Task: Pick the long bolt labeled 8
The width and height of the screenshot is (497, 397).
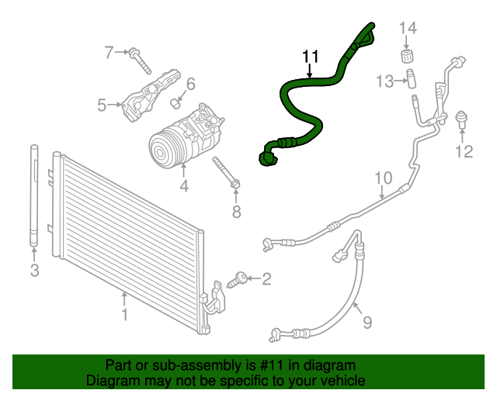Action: pos(226,172)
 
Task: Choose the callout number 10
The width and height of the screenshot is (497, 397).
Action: pos(384,179)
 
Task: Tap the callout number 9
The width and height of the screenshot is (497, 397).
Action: pos(367,320)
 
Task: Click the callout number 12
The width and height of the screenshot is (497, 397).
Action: pos(464,152)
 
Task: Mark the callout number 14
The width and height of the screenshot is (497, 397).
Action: pos(408,29)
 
